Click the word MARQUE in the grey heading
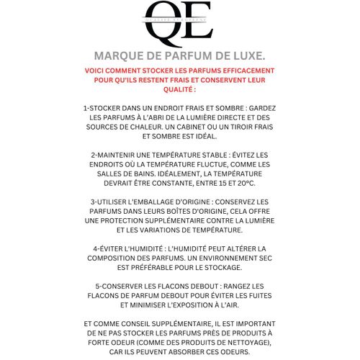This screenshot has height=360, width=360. tap(118, 55)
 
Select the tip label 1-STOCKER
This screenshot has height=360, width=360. tap(106, 107)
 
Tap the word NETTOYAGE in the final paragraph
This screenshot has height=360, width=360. tap(240, 343)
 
